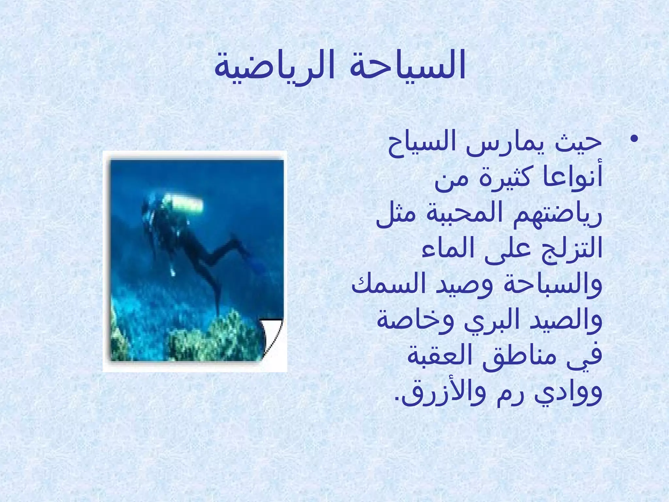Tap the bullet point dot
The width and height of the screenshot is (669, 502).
(634, 140)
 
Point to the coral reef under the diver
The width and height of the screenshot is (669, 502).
(212, 340)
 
